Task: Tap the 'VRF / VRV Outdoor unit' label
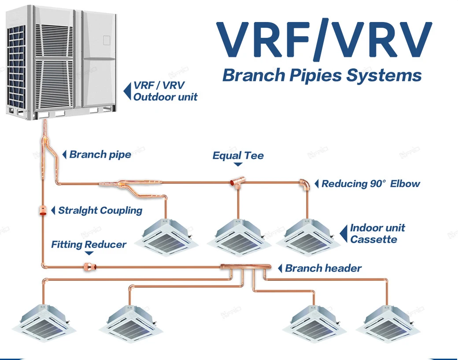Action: tap(166, 91)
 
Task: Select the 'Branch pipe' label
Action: tap(100, 155)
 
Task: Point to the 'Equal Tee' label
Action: tap(238, 156)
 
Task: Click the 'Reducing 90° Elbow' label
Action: tap(371, 184)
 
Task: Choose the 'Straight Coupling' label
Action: tap(100, 210)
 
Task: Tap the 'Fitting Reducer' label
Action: tap(89, 245)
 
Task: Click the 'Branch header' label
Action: tap(323, 268)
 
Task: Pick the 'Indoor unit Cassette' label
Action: tap(377, 234)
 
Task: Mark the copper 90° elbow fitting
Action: tap(305, 183)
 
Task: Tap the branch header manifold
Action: tap(244, 267)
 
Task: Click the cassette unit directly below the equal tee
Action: tap(238, 238)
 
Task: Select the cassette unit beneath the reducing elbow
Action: tap(307, 238)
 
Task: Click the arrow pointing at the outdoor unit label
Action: tap(127, 91)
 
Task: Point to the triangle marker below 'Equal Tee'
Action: tap(238, 165)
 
